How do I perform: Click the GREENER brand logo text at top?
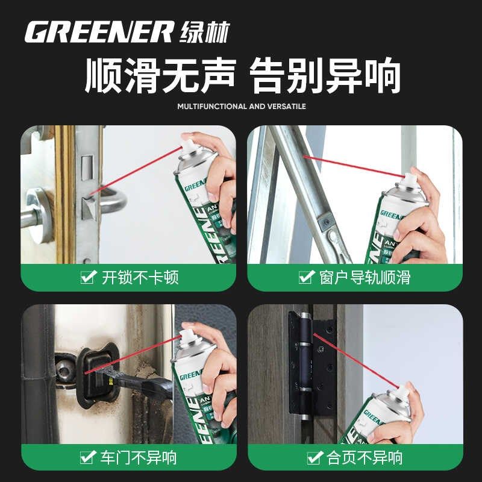pos(99,32)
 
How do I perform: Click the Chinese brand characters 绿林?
pos(204,32)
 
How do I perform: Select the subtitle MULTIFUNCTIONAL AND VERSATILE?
pos(242,107)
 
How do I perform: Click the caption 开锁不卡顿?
pos(140,278)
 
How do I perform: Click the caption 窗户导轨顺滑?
pos(365,278)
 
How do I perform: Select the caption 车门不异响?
pos(139,457)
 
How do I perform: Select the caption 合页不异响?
pos(365,457)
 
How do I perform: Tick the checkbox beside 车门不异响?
pos(88,457)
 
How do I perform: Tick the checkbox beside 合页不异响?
pos(313,457)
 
